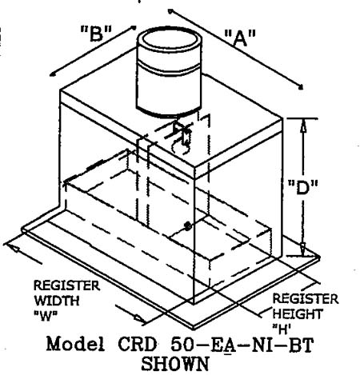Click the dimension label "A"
coord(240,38)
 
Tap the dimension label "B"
coord(96,34)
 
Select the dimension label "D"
coord(303,188)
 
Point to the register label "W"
coord(46,317)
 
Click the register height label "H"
coord(282,329)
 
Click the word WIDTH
coord(57,301)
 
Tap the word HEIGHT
coord(298,314)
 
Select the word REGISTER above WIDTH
coord(66,285)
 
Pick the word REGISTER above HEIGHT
coord(306,298)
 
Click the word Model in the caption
coord(75,344)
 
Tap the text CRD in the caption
coord(137,344)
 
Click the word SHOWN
coord(175,364)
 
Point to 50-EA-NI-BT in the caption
coord(242,345)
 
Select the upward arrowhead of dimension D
coord(303,126)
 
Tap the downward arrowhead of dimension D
coord(303,249)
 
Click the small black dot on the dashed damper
coord(188,226)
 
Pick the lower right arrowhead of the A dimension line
coord(301,86)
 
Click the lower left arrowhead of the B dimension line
coord(52,74)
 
